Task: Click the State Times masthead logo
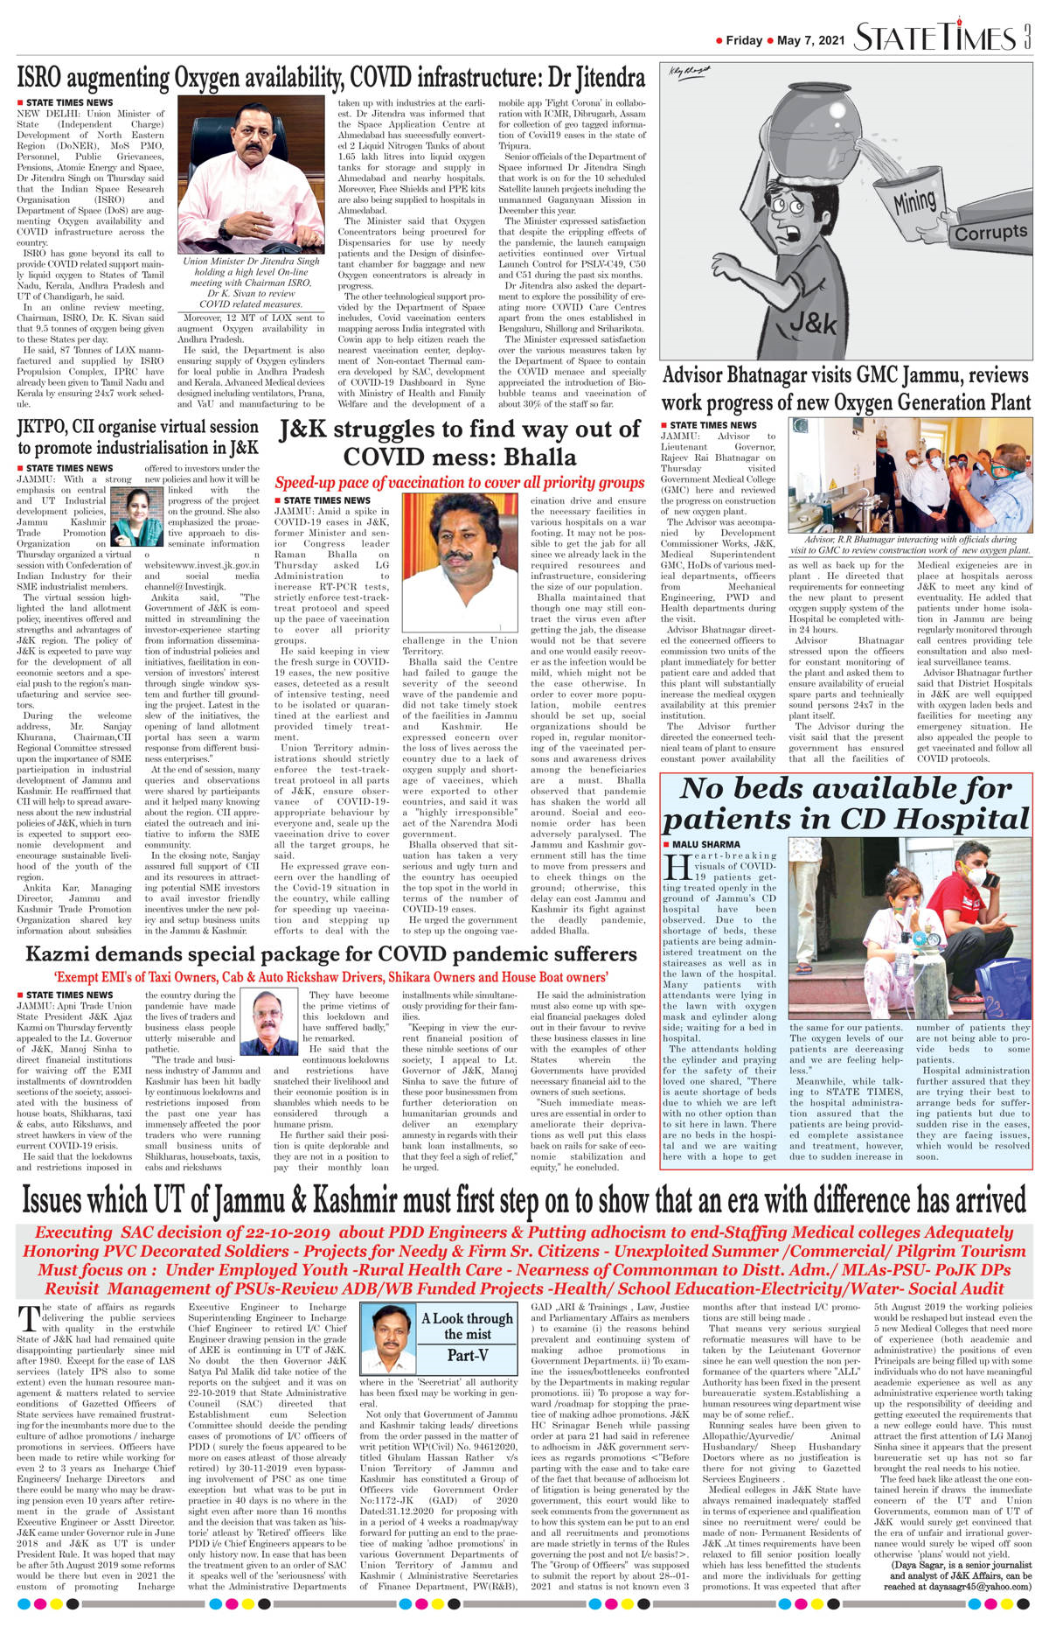[934, 38]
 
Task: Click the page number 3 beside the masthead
[1027, 38]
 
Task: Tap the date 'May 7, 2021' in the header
[810, 40]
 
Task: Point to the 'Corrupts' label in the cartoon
[990, 233]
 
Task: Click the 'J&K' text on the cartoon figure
[812, 324]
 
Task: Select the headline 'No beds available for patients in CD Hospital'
[845, 804]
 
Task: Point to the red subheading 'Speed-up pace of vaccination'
[460, 483]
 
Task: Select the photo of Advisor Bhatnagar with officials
[909, 475]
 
